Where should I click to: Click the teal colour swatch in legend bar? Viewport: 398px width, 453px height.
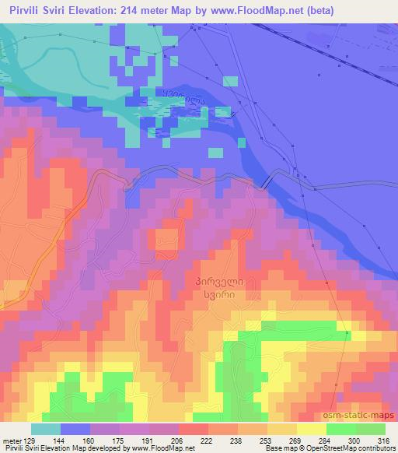(x=45, y=429)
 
